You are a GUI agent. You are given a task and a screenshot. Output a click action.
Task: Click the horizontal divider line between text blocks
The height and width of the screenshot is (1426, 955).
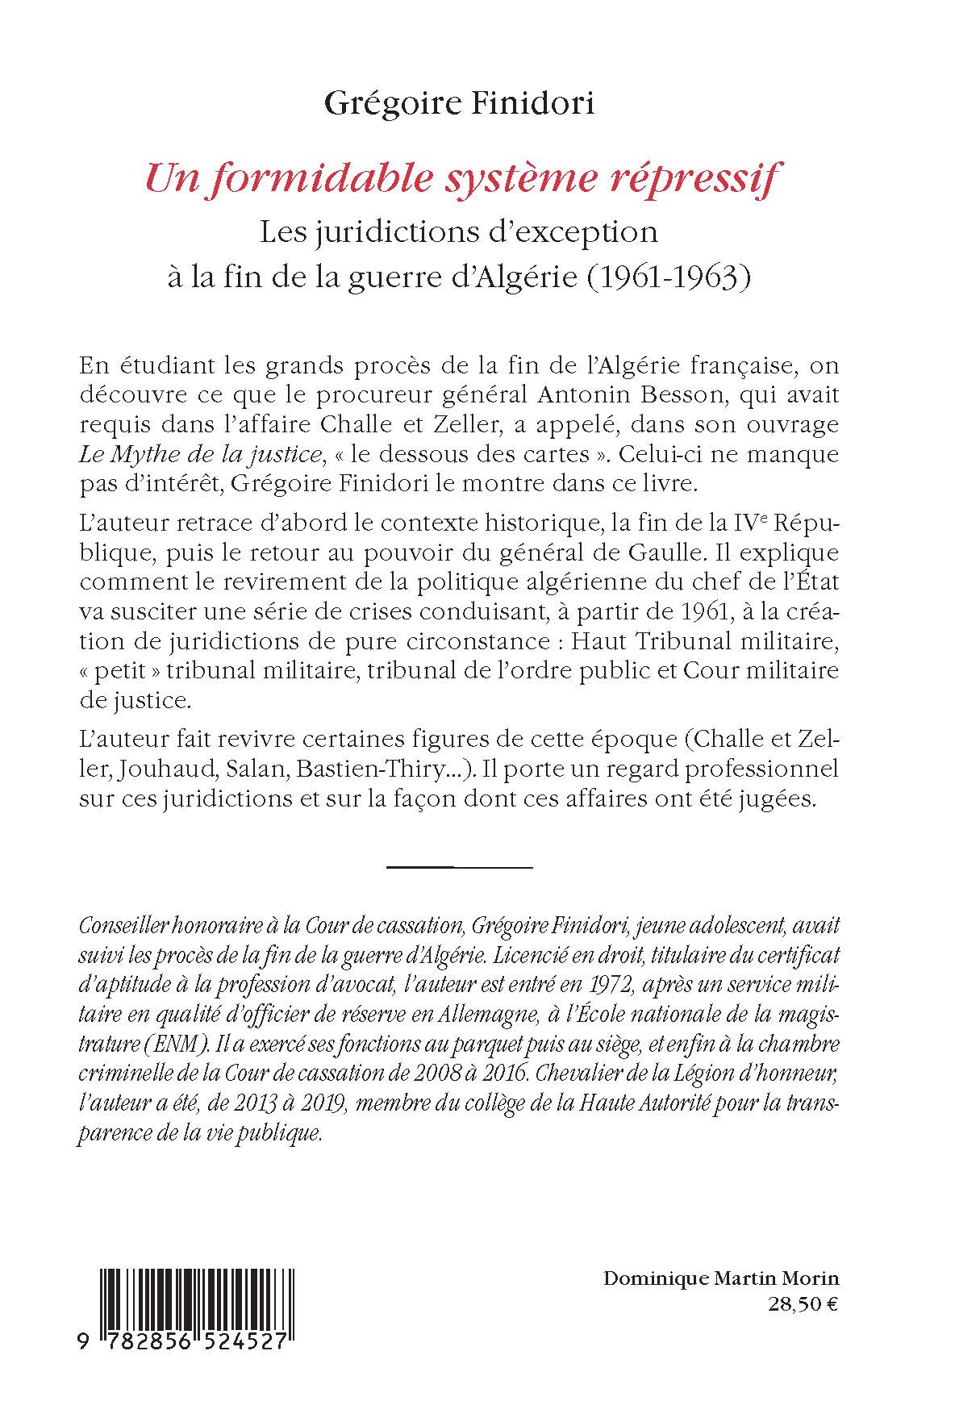[460, 867]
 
